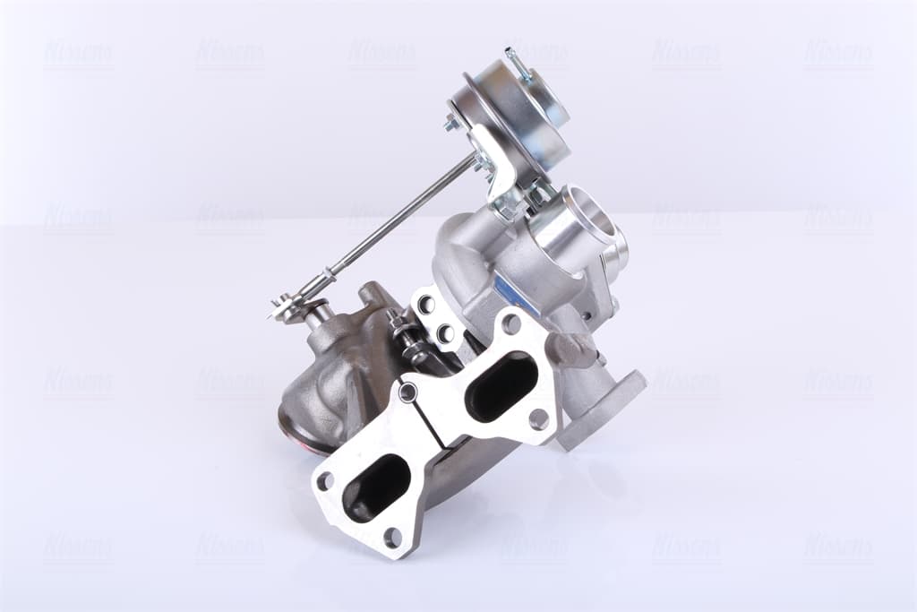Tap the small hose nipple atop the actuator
pos(513,58)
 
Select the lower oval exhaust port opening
pos(376,487)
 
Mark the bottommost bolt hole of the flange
pos(392,538)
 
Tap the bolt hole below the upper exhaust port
pos(538,418)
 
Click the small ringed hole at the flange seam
pos(408,392)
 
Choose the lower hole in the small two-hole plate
pos(444,334)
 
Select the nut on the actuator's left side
pos(450,123)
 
